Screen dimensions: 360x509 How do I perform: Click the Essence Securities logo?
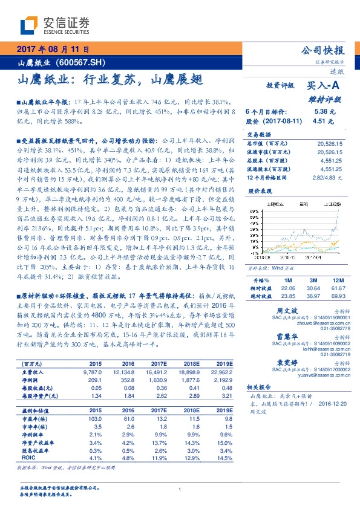(54, 25)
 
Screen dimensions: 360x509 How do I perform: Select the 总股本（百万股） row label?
(270, 160)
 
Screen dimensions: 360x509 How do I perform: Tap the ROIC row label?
(28, 458)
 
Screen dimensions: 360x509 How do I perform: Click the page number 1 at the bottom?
(180, 490)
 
